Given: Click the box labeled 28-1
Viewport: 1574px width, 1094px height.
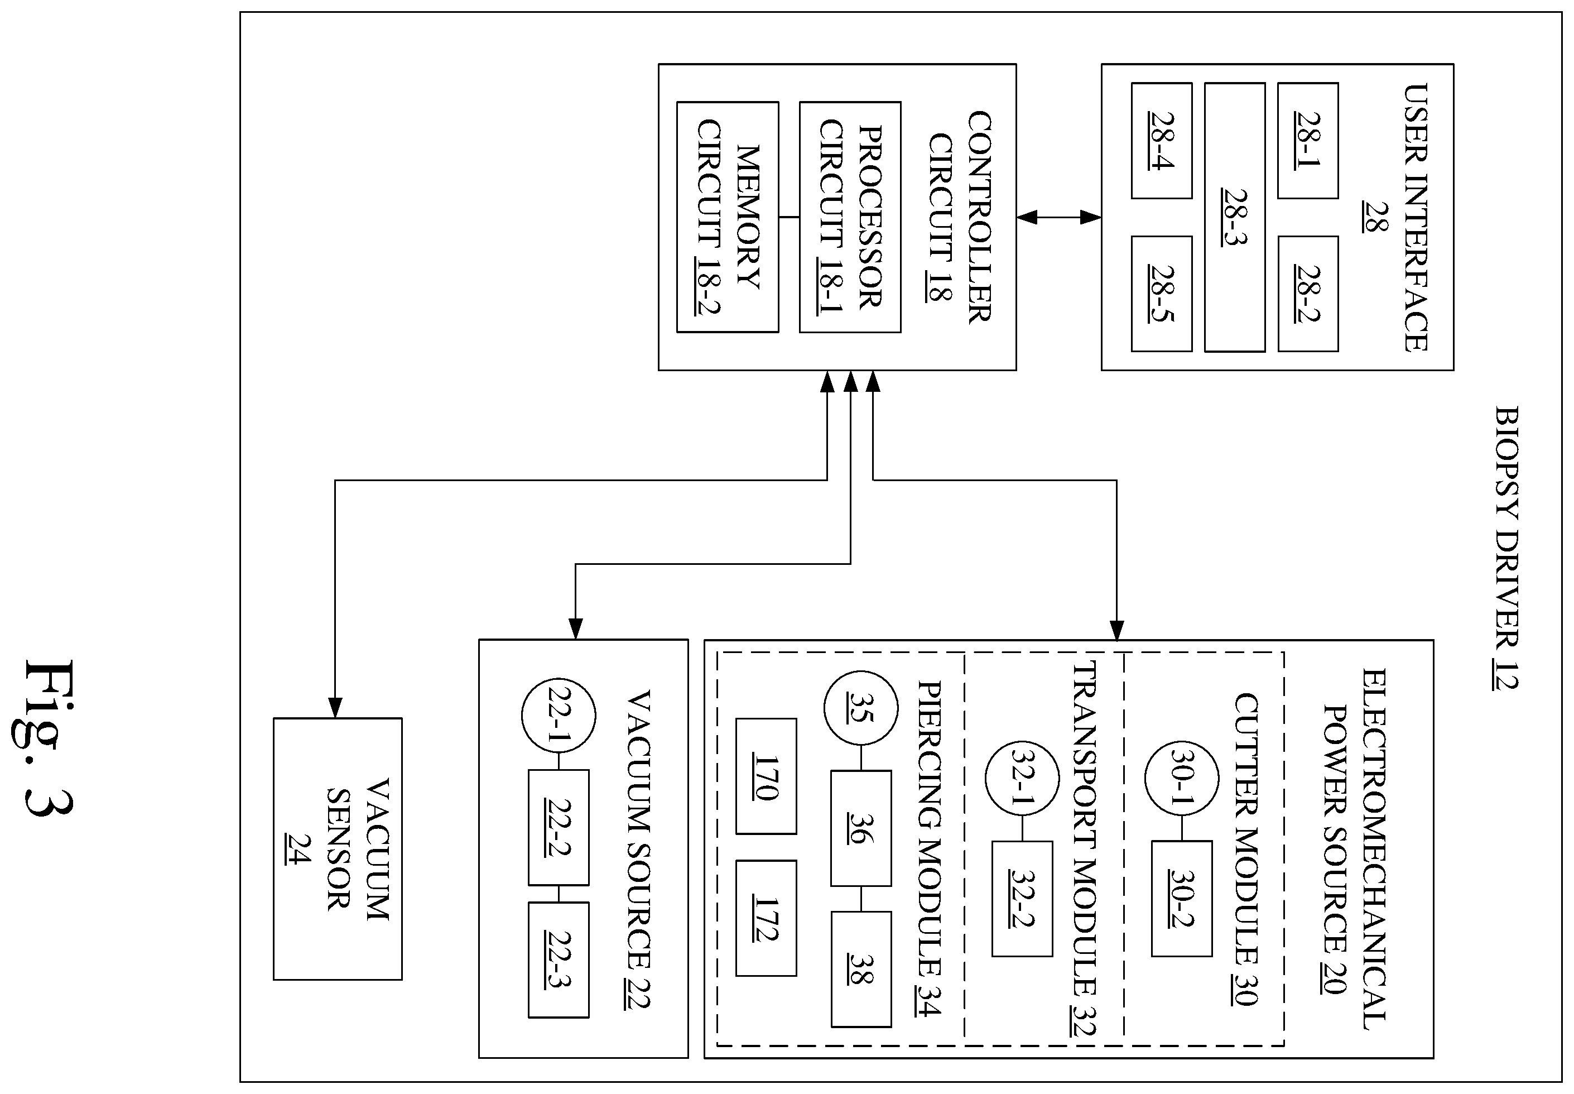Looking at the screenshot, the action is (x=1307, y=141).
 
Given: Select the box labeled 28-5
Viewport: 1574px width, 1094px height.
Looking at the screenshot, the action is (x=1162, y=294).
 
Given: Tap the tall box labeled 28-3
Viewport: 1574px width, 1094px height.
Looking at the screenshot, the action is (x=1235, y=217).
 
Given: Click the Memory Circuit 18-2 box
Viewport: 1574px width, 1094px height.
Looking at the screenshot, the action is (x=728, y=217).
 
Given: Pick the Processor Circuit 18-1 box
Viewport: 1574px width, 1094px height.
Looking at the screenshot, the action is (x=850, y=217).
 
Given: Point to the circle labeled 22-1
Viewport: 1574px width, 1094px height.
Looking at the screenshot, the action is (x=559, y=716).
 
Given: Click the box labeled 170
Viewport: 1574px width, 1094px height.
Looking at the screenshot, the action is (x=766, y=776).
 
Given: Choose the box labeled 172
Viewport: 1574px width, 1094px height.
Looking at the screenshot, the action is (x=766, y=918).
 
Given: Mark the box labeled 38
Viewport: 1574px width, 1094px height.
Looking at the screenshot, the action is (x=861, y=969).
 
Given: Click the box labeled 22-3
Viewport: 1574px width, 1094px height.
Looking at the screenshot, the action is (x=559, y=959).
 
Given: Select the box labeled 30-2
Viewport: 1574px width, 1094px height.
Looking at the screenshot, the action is (x=1181, y=899).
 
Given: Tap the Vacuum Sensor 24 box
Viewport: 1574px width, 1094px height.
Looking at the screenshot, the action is (x=338, y=848).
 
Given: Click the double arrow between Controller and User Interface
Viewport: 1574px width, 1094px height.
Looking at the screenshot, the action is (x=1058, y=217).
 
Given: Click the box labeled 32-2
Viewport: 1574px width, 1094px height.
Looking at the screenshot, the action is (x=1022, y=899).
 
